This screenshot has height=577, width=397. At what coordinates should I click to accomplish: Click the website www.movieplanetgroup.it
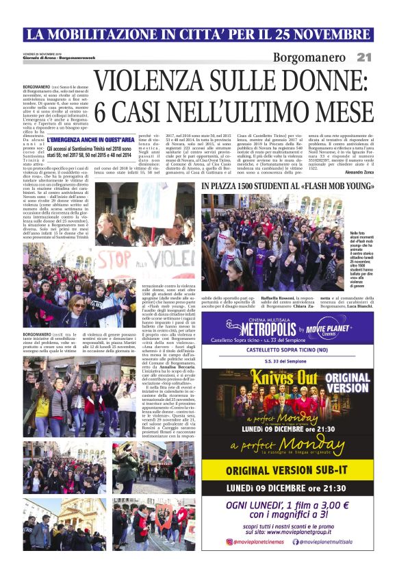307,530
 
